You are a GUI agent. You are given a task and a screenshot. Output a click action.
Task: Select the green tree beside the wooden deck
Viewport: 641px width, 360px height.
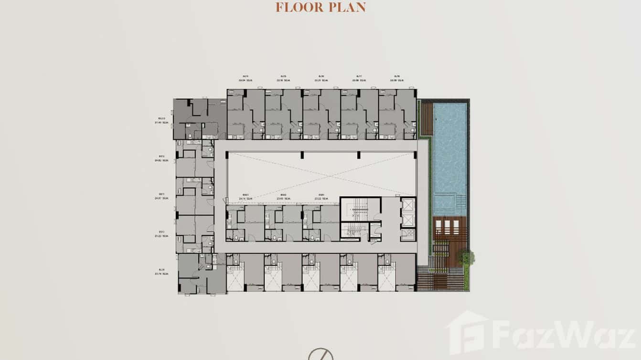[466, 258]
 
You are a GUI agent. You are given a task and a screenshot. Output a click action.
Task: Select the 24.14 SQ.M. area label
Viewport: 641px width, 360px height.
[245, 196]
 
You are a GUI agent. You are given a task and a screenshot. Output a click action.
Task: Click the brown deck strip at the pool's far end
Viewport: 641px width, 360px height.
[427, 118]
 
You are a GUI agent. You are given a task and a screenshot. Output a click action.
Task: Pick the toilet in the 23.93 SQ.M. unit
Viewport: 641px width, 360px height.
[274, 236]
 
